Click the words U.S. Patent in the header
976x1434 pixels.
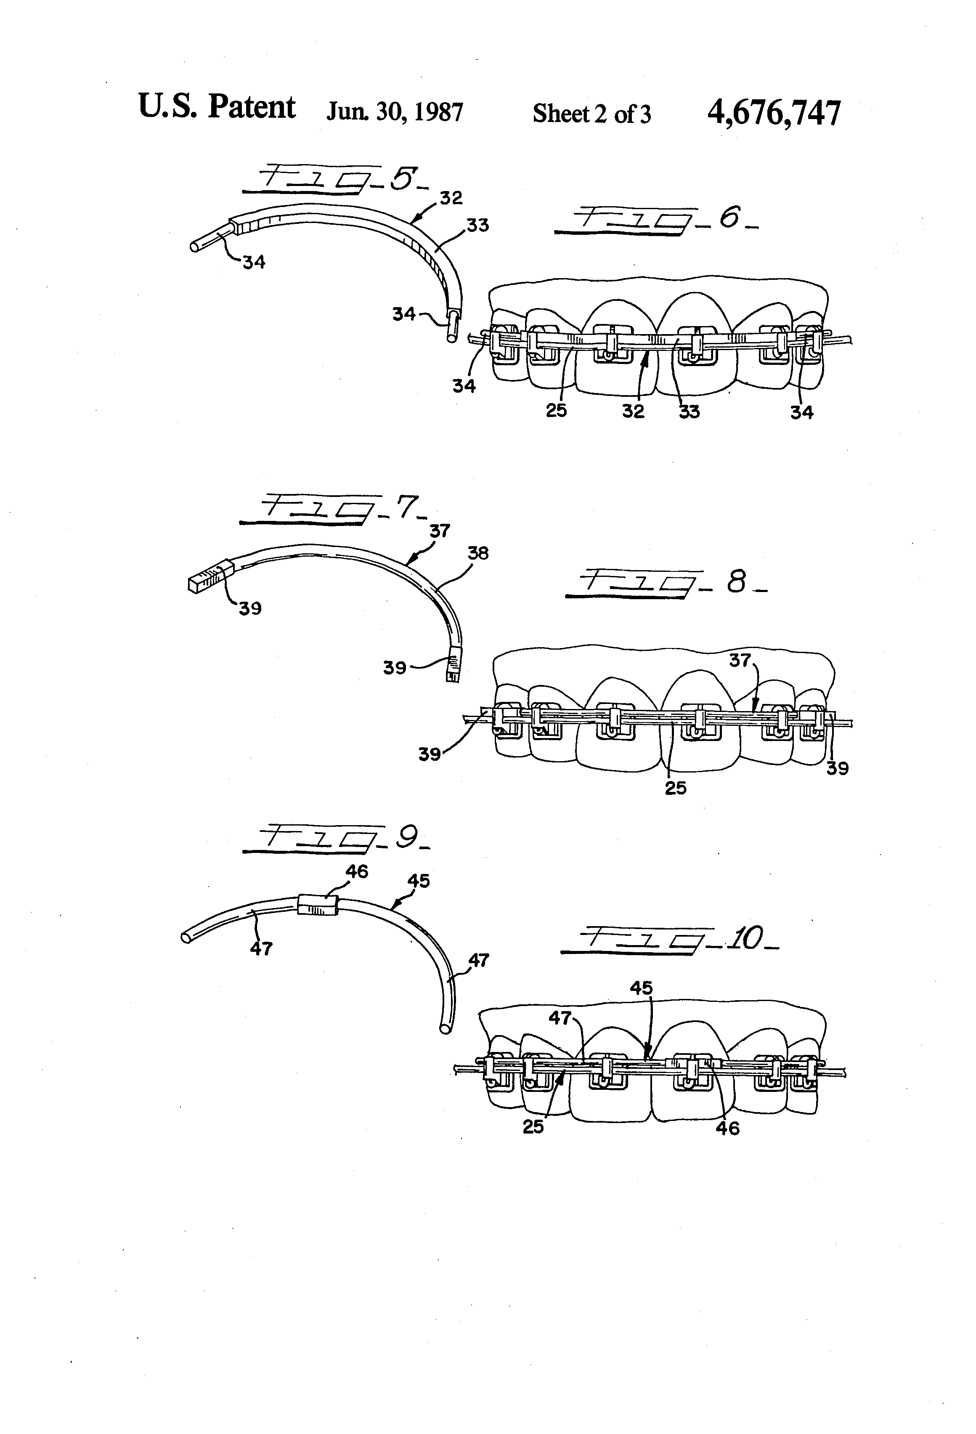pos(217,107)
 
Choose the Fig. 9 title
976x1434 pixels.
pos(336,839)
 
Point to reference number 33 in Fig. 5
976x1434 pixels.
pos(477,226)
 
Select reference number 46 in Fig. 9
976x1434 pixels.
pos(357,871)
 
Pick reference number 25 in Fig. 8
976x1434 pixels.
pos(675,788)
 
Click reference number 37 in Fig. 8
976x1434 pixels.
pos(739,661)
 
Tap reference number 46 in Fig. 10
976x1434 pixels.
pos(727,1128)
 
